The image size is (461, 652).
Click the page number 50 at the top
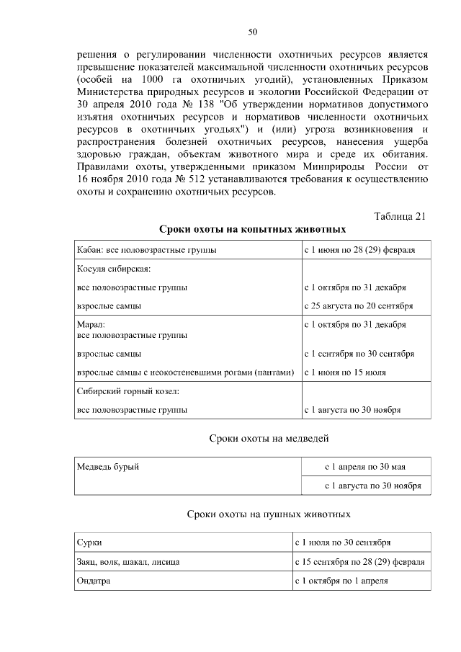[x=253, y=32]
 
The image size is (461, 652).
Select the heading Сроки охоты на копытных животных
[x=252, y=230]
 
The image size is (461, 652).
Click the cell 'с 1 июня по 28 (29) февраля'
[x=359, y=250]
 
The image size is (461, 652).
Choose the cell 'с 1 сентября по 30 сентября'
[x=359, y=354]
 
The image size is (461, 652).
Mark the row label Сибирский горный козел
[x=127, y=391]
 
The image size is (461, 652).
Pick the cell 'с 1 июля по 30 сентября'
[x=343, y=542]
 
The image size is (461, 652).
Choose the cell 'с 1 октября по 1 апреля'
[x=341, y=581]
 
